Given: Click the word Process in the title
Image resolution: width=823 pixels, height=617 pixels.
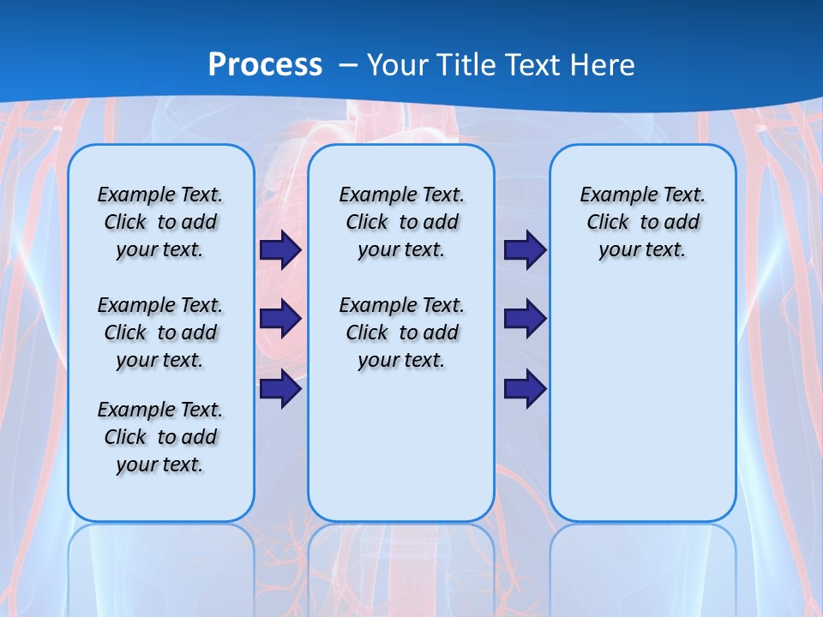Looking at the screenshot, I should pyautogui.click(x=265, y=64).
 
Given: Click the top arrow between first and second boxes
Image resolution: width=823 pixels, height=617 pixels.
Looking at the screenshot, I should pyautogui.click(x=280, y=250).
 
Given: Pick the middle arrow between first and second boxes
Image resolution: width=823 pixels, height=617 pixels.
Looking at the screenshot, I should pyautogui.click(x=280, y=319).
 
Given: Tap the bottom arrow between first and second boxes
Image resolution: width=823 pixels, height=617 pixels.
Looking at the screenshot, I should pyautogui.click(x=280, y=388).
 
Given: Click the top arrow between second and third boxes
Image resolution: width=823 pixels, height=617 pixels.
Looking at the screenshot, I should pyautogui.click(x=525, y=250).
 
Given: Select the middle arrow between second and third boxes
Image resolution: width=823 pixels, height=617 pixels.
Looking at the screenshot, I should pyautogui.click(x=525, y=319).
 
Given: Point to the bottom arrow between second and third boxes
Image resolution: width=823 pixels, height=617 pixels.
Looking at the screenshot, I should pyautogui.click(x=525, y=388).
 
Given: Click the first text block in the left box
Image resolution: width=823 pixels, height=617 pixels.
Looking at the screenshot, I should pyautogui.click(x=160, y=222).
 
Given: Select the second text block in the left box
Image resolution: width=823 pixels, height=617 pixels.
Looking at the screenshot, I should pyautogui.click(x=160, y=332).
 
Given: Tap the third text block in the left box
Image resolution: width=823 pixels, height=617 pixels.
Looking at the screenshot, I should pyautogui.click(x=160, y=437).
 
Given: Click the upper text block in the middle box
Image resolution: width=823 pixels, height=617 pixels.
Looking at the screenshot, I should pyautogui.click(x=401, y=222).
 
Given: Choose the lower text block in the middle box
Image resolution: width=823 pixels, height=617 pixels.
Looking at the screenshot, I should pyautogui.click(x=401, y=332).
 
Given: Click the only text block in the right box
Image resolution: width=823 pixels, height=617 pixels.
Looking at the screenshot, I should pyautogui.click(x=643, y=222).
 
